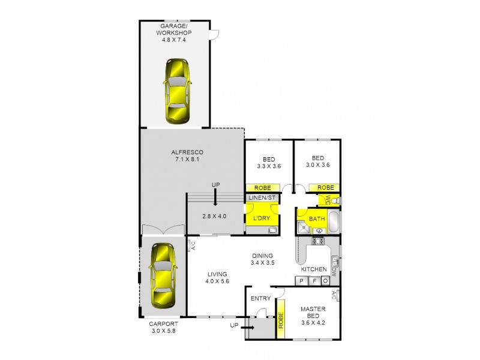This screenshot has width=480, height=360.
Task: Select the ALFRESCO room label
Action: click(x=191, y=152)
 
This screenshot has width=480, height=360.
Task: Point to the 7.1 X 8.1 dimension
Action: click(x=191, y=160)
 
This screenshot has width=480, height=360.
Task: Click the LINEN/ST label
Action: click(x=262, y=197)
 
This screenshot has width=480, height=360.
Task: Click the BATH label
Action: click(x=317, y=218)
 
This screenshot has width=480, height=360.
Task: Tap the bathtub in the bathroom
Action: click(x=334, y=223)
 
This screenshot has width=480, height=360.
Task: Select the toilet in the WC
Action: click(x=337, y=201)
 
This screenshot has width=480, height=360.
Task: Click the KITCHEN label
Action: click(x=317, y=269)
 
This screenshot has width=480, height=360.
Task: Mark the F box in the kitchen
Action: click(x=313, y=280)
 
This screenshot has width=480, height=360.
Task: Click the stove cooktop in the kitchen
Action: click(x=317, y=241)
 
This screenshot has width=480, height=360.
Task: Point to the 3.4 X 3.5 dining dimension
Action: click(x=262, y=262)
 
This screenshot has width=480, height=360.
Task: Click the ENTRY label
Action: click(x=260, y=298)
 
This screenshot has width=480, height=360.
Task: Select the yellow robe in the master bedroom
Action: click(x=280, y=323)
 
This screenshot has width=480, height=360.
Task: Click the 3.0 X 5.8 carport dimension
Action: click(x=163, y=332)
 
